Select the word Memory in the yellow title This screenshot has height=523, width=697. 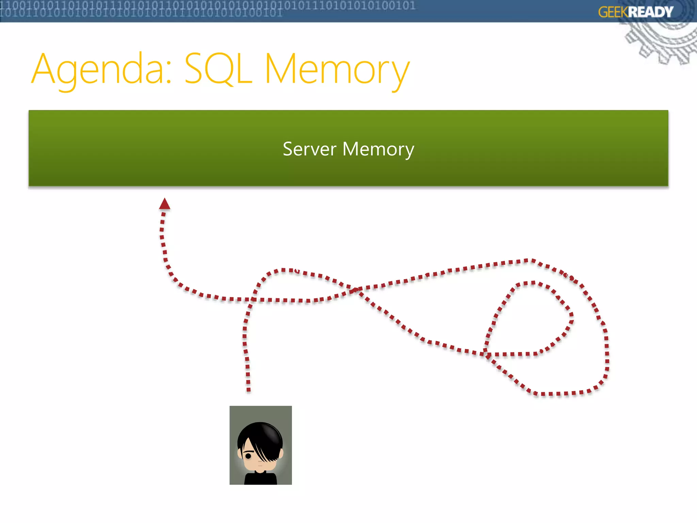pos(337,70)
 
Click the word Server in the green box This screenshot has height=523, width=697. pos(309,149)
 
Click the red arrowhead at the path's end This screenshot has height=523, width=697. pos(165,204)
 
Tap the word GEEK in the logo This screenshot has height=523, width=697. pos(613,12)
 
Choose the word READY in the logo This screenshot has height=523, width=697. pos(650,12)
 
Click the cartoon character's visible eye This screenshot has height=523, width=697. pos(248,456)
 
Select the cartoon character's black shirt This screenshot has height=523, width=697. pos(260,478)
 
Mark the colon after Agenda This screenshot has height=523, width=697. pos(168,73)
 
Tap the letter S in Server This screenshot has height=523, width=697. pos(288,149)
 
